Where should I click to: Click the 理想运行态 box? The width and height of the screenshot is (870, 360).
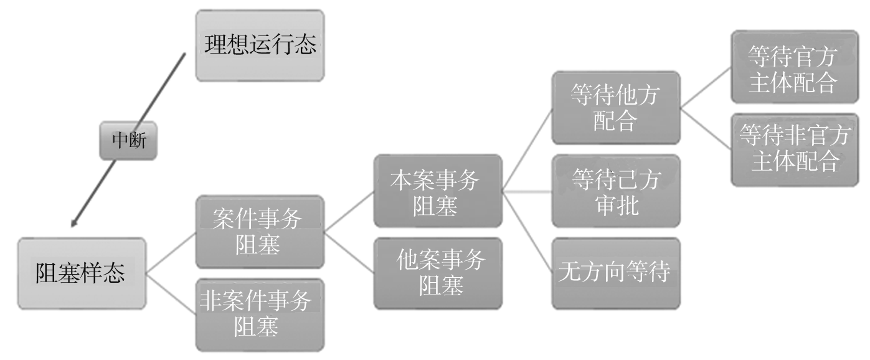pyautogui.click(x=260, y=45)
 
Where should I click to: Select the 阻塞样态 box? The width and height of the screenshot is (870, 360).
pyautogui.click(x=81, y=273)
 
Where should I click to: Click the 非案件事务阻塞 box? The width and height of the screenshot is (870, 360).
pyautogui.click(x=259, y=315)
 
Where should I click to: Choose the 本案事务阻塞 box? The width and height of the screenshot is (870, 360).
pyautogui.click(x=437, y=191)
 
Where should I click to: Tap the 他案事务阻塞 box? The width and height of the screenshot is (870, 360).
pyautogui.click(x=437, y=273)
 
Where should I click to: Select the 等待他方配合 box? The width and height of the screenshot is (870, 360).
pyautogui.click(x=615, y=108)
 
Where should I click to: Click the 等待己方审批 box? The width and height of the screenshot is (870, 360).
pyautogui.click(x=615, y=191)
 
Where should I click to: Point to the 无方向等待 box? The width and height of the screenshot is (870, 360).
pyautogui.click(x=615, y=273)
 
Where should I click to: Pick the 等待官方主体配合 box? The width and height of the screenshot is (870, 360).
pyautogui.click(x=793, y=67)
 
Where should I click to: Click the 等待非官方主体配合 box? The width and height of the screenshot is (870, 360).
pyautogui.click(x=793, y=149)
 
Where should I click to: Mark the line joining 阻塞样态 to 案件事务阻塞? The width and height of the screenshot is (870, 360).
pyautogui.click(x=171, y=252)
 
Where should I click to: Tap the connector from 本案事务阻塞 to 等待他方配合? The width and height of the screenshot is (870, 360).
pyautogui.click(x=527, y=149)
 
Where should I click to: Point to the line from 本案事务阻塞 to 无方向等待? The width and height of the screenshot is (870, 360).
pyautogui.click(x=527, y=232)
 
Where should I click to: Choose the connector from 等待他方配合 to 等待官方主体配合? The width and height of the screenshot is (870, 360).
pyautogui.click(x=705, y=87)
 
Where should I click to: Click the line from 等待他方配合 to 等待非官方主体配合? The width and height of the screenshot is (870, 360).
pyautogui.click(x=705, y=128)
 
